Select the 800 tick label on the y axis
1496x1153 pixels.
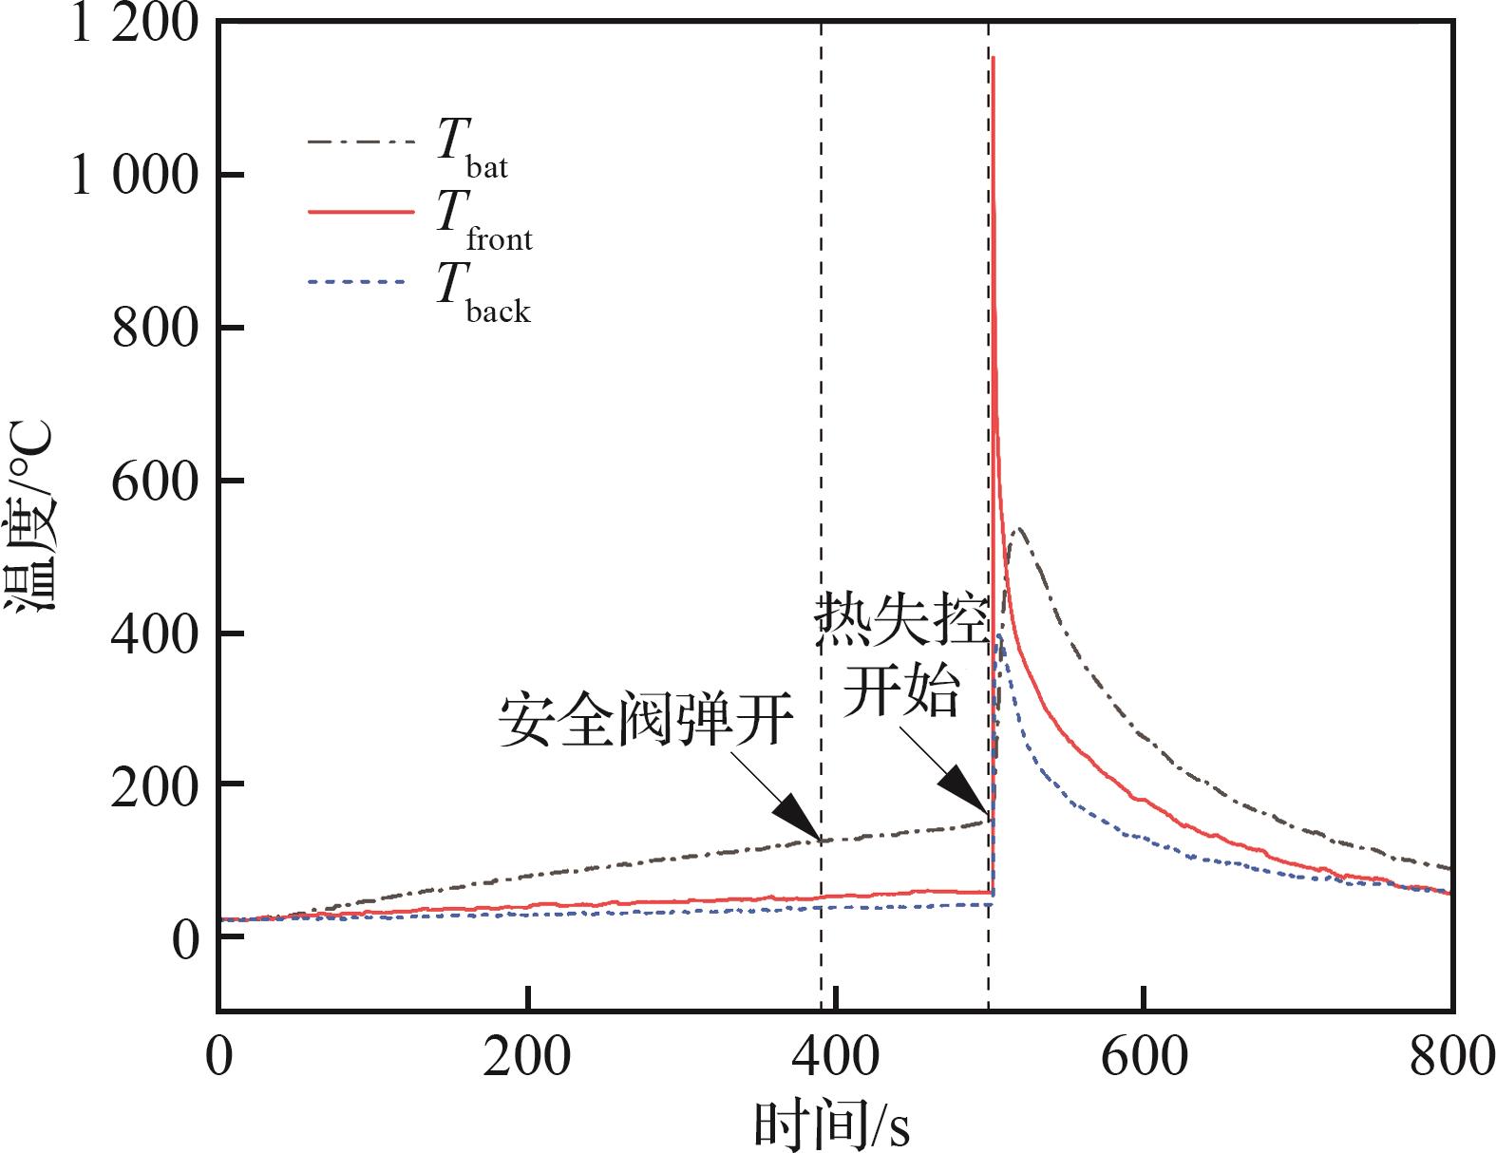click(156, 329)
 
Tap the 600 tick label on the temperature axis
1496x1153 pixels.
click(156, 482)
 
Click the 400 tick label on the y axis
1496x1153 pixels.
click(156, 633)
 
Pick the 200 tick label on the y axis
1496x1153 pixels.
click(156, 786)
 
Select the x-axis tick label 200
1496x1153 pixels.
click(527, 1057)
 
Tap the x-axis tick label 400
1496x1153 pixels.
click(835, 1057)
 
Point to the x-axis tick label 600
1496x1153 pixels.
click(1144, 1057)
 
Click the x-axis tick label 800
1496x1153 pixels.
click(1450, 1057)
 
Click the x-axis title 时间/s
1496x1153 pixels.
click(832, 1125)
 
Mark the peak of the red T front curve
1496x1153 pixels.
click(994, 58)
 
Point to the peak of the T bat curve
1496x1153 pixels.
click(1018, 529)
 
